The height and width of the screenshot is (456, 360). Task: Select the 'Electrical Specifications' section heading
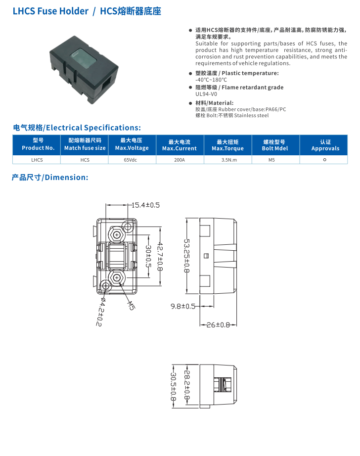[77, 128]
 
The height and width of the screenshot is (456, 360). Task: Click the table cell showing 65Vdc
[132, 160]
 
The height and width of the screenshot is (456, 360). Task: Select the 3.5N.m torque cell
[227, 160]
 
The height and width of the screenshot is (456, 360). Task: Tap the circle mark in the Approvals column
[324, 160]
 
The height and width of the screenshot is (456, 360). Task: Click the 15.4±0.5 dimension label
[145, 205]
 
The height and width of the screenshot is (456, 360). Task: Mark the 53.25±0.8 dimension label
[187, 255]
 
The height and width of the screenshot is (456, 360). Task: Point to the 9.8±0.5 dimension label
[182, 306]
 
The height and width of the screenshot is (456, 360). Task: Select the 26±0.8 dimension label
[218, 325]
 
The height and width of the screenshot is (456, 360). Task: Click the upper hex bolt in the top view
[117, 233]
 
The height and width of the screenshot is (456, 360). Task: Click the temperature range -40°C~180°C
[211, 80]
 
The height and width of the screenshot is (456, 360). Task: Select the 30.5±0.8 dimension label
[173, 386]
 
